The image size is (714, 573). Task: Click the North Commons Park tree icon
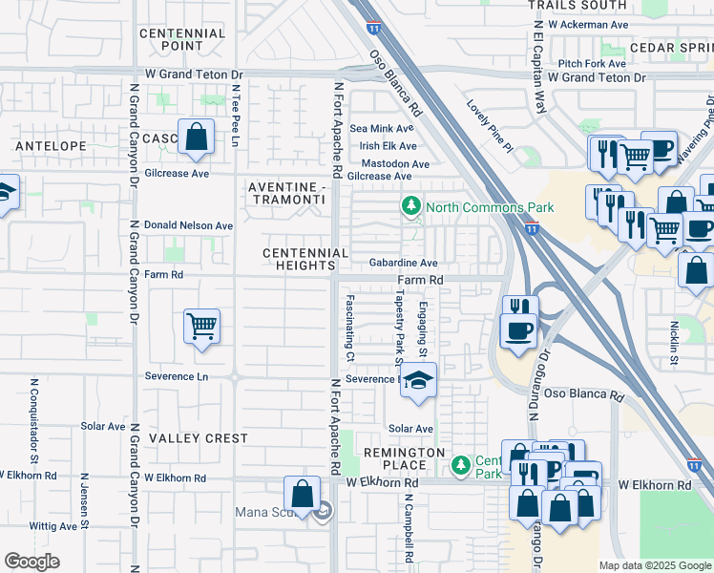tap(411, 206)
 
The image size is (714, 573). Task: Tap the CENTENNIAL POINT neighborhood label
tap(182, 39)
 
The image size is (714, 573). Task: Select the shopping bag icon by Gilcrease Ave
tap(196, 138)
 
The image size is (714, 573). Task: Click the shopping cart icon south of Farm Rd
tap(201, 328)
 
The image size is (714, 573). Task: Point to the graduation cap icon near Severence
tap(417, 381)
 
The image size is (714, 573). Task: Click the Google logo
tap(31, 562)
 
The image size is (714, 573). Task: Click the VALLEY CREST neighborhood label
tap(198, 438)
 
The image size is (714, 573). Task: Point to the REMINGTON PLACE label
tap(404, 458)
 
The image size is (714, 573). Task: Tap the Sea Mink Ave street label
tap(382, 128)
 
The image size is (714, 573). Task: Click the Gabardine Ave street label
tap(403, 263)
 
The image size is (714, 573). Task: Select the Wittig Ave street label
tap(53, 525)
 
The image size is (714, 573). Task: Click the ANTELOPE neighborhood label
tap(51, 146)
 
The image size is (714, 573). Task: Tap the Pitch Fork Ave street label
tap(592, 63)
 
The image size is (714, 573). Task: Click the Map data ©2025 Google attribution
tap(654, 564)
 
